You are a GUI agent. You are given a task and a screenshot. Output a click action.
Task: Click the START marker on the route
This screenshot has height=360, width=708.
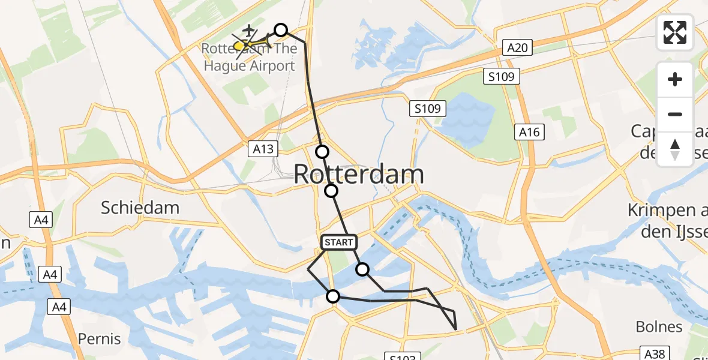coord(339,242)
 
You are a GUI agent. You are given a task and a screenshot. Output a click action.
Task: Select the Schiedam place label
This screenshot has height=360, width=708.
coord(140,208)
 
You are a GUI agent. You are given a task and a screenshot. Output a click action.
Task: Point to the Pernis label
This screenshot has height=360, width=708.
coord(99,339)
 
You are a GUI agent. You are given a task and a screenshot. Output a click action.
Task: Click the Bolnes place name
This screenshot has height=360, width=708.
coord(659,327)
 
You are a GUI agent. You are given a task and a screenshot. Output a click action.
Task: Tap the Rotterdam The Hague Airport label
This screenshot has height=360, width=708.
coord(249,57)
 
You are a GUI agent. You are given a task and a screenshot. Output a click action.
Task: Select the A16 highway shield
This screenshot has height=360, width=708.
coord(529,133)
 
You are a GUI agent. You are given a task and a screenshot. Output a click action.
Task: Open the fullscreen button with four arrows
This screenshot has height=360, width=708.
coord(675,32)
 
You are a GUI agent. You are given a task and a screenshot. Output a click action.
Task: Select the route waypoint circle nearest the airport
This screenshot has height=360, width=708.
coord(281,30)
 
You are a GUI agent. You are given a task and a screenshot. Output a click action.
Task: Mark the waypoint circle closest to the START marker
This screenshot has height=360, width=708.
coord(362,269)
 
